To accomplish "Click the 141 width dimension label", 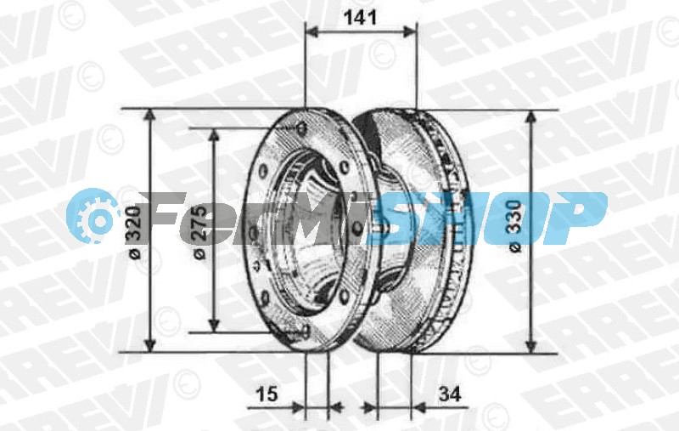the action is coord(360,18).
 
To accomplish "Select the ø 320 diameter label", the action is coord(135,232).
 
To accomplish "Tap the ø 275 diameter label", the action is coord(199,232).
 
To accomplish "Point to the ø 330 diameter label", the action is coord(514,225).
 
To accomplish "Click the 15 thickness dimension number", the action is coord(267,394).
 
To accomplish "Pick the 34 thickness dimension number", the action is coord(450,394).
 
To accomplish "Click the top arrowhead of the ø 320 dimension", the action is coord(149,116).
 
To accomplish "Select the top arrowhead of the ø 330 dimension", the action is coord(531,118).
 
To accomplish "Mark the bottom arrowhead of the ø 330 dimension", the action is coord(531,347).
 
